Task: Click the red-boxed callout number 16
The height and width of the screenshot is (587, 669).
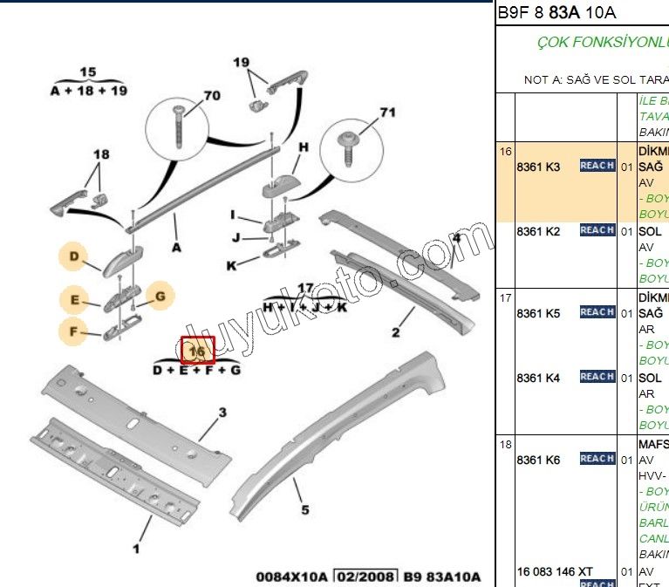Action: (197, 350)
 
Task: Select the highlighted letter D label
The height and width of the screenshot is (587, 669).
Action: (74, 256)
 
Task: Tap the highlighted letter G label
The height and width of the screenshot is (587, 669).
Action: (160, 297)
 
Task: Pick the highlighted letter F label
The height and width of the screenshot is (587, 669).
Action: (74, 331)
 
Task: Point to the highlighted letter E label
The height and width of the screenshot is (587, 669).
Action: (74, 302)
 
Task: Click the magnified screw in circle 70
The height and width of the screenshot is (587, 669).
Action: (181, 122)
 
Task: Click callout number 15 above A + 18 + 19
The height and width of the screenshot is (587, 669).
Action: (88, 72)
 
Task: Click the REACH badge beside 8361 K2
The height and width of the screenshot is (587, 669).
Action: (597, 230)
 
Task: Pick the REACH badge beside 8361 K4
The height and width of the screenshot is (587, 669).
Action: (597, 377)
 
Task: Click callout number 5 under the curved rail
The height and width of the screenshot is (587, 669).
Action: (304, 510)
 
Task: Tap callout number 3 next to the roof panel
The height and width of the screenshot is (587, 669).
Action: (222, 413)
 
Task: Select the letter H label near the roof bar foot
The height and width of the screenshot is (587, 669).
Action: (304, 147)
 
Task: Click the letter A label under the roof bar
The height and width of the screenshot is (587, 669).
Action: (177, 247)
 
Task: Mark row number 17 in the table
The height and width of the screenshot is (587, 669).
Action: (505, 297)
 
